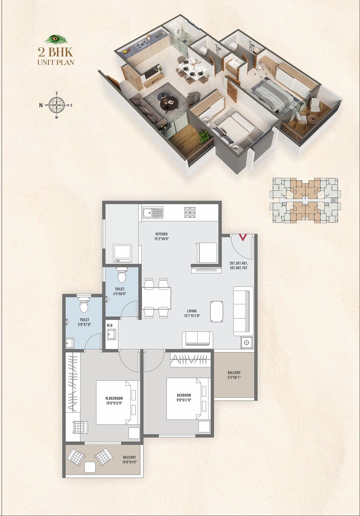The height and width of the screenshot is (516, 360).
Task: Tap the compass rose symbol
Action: pos(56,105)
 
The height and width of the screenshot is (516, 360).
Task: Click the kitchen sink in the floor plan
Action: pos(152,213)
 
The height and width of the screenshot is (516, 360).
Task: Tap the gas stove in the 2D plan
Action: pos(190,212)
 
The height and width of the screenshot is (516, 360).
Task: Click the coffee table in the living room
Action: pos(216,311)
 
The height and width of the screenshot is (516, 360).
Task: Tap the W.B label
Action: pos(110,325)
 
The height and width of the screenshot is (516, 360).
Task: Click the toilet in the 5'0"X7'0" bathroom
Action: pos(84,305)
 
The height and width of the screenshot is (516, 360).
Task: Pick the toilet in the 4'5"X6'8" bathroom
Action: pos(122,275)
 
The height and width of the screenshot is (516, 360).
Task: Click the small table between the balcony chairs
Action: pos(90,466)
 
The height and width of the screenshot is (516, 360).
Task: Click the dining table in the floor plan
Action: pos(156,298)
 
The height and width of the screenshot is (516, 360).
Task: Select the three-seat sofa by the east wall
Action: pos(243,311)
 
